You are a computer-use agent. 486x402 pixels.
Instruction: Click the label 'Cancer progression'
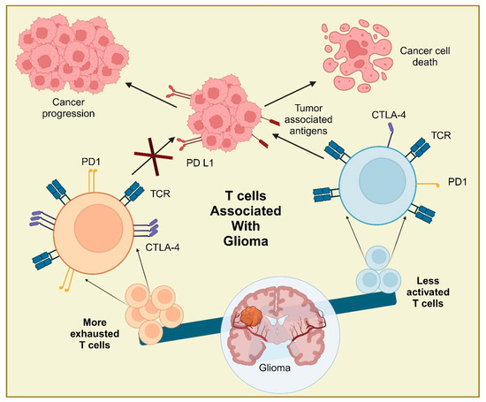[x=59, y=107]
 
